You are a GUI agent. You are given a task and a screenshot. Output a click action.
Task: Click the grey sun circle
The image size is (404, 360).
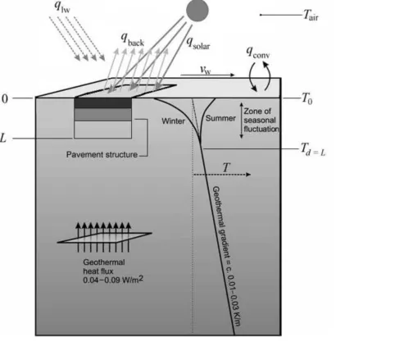coord(197,10)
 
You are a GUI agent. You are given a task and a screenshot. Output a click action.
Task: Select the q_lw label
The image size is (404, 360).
coord(62,7)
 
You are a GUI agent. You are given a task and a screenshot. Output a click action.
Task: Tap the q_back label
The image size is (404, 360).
coord(132,39)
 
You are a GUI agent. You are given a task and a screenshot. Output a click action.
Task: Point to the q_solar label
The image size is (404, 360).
coord(198,43)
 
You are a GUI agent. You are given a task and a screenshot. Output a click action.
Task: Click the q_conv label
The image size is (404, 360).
coord(258,52)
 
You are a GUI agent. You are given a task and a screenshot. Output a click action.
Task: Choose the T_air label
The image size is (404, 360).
coord(311,15)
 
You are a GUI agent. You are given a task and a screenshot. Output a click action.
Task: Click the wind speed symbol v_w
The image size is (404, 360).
coord(206,70)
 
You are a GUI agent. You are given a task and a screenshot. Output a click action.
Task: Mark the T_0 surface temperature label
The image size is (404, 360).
coord(306,98)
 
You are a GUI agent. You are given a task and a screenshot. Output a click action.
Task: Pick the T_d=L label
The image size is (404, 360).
coord(313,149)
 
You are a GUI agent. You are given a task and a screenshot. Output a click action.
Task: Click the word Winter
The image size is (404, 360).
coord(173,121)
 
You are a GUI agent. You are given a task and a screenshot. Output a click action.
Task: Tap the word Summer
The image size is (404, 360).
coord(220,118)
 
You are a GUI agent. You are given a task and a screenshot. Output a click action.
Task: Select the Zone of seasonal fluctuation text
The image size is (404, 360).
coord(261,120)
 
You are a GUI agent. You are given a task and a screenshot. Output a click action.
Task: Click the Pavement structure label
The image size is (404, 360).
coord(102,154)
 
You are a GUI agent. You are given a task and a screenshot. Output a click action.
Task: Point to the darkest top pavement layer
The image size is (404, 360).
coord(102,103)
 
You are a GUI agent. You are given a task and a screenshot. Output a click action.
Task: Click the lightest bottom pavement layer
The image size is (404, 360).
coord(102,130)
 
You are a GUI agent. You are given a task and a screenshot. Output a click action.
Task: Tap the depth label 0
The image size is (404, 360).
coord(5,98)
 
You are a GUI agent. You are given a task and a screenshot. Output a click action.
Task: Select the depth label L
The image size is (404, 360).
coord(3,138)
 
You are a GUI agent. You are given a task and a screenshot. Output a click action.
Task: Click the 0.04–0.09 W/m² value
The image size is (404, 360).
coord(113,280)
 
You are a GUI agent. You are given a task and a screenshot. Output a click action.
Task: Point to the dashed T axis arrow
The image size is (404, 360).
coord(222,175)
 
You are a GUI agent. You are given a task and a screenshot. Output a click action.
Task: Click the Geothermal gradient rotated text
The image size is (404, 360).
coord(226,256)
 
